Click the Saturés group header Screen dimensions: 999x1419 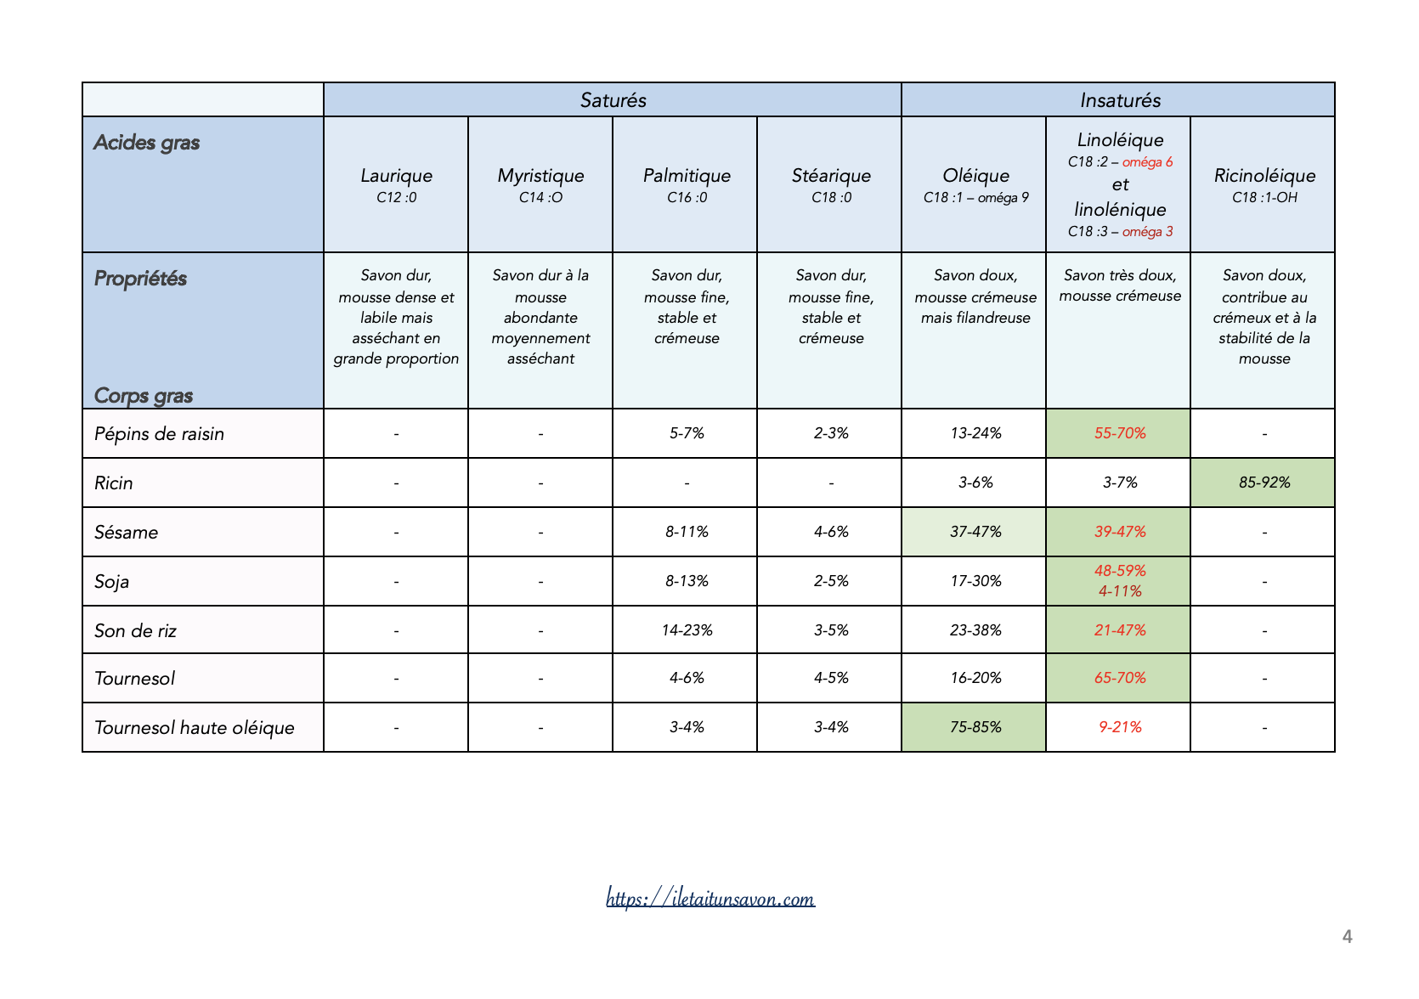613,100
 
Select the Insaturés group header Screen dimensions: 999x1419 1119,100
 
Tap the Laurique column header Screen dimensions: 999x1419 396,176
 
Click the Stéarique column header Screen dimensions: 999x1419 831,176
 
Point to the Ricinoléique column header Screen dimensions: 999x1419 1264,176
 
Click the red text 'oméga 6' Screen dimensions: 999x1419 1147,162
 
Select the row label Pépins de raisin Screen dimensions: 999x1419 159,434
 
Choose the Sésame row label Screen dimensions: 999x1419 126,533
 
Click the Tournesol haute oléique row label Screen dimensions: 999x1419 194,728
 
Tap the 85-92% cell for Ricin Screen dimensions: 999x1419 1264,483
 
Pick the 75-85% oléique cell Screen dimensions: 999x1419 975,727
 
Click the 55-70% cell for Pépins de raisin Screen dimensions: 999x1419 1119,433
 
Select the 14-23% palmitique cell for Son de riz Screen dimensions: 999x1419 687,630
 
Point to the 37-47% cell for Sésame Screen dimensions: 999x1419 975,532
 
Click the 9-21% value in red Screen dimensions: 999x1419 1119,727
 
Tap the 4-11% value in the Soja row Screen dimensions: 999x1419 1119,591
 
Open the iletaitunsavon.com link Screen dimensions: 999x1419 710,898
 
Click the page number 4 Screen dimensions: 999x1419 1347,937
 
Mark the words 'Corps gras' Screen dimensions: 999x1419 143,396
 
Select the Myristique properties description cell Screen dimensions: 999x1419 540,317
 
